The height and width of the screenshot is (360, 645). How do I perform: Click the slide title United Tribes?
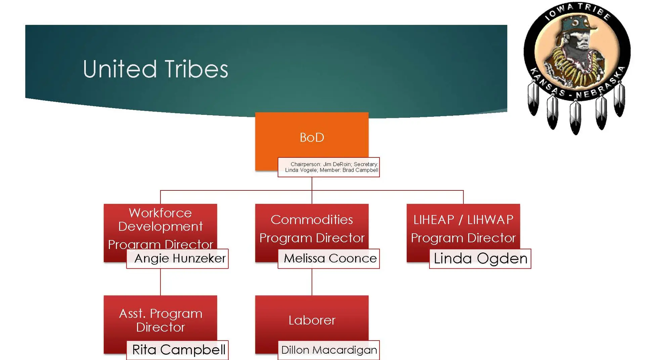coord(155,69)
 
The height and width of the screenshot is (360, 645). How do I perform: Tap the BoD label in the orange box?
coord(312,137)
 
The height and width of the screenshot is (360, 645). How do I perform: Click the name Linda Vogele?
coord(301,170)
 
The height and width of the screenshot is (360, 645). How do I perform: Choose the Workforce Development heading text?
coord(160,220)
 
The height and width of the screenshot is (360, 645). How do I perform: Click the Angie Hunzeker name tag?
coord(180,258)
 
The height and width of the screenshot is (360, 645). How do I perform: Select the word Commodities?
coord(312,220)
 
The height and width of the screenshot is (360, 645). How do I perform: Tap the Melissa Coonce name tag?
coord(330,258)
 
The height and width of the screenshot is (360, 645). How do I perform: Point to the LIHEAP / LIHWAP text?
coord(463,220)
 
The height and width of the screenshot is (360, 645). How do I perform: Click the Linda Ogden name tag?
coord(480,258)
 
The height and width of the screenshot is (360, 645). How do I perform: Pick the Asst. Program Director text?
coord(160,320)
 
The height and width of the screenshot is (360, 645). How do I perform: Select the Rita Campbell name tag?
coord(178,350)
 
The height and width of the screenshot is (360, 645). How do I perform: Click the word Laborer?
coord(312,320)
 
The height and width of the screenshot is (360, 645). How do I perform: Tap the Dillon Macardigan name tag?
coord(329,350)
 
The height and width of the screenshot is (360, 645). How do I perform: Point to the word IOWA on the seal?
coord(558,12)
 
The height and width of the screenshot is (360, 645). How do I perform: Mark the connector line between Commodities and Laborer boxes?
coord(312,282)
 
